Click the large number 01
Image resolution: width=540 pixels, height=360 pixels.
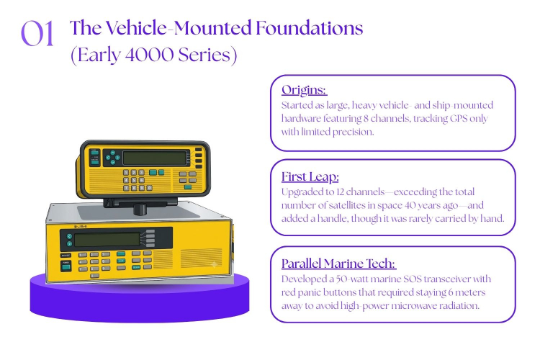point(37,33)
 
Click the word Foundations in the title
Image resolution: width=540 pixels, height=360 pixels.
point(310,28)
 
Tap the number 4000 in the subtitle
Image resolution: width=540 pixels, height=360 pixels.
point(149,55)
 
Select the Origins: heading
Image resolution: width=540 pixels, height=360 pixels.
point(304,90)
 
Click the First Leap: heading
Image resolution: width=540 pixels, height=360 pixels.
point(310,176)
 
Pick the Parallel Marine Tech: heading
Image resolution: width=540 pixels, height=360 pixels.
point(339,264)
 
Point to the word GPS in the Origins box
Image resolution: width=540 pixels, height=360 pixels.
point(459,119)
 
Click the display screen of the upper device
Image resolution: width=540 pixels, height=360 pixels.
point(155,158)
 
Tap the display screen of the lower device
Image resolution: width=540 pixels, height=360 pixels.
point(107,240)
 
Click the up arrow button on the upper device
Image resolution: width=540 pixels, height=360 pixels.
point(113,153)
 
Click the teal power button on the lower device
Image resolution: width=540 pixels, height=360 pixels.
point(66,267)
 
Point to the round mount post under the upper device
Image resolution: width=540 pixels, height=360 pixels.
point(140,209)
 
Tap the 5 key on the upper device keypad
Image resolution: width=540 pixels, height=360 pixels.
point(134,180)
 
